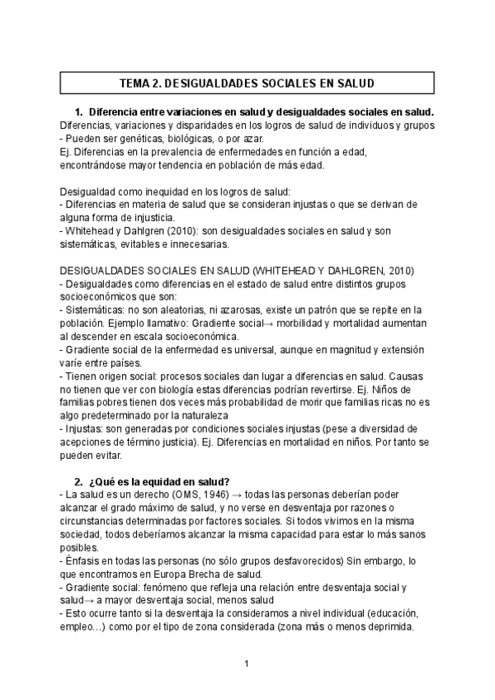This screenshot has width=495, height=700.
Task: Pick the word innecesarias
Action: (x=217, y=244)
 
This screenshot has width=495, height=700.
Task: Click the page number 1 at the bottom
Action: (x=245, y=663)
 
